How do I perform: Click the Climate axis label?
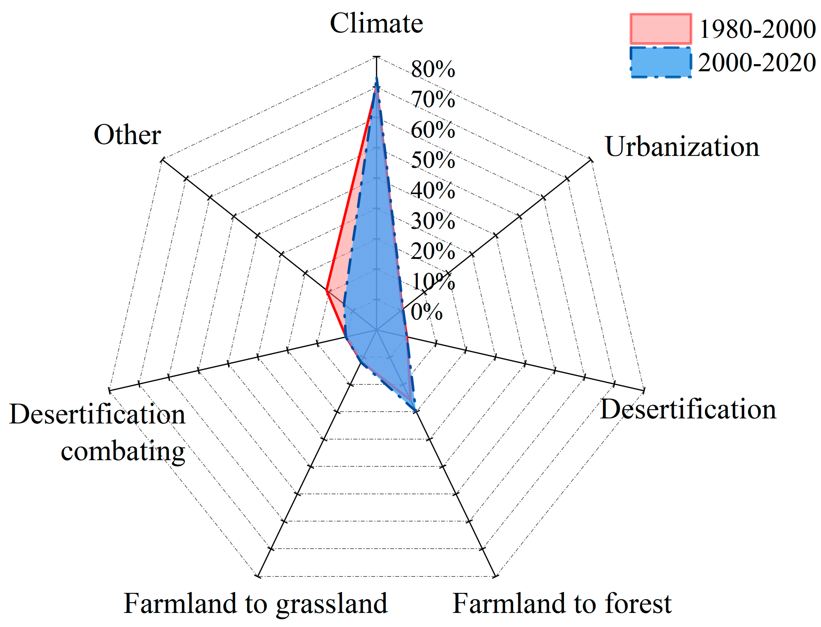click(376, 23)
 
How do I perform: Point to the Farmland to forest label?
click(562, 603)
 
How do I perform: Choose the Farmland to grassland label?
click(256, 603)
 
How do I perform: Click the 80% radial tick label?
click(433, 69)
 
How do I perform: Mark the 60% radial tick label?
click(433, 130)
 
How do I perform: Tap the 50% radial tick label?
click(433, 161)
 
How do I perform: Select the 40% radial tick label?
click(433, 191)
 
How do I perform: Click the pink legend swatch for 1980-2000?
click(661, 29)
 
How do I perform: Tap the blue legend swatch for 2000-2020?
click(661, 62)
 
